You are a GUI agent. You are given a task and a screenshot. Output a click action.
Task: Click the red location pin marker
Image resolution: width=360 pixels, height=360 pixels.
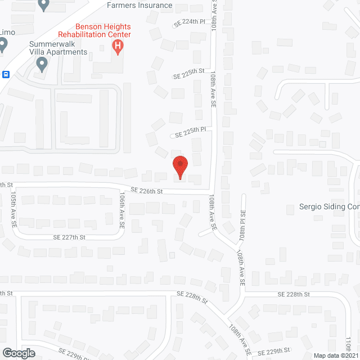[x=179, y=167]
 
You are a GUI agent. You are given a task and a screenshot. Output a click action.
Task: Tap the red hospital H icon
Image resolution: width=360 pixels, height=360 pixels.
[x=118, y=47]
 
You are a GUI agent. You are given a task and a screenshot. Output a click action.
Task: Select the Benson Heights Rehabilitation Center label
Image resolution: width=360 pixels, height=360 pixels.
[x=103, y=30]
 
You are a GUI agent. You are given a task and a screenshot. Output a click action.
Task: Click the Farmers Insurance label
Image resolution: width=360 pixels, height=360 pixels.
[x=139, y=6]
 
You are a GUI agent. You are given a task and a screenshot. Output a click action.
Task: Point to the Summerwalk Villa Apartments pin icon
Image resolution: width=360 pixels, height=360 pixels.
[x=41, y=65]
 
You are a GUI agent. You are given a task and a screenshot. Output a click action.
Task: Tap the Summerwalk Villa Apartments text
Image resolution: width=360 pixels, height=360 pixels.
[x=59, y=48]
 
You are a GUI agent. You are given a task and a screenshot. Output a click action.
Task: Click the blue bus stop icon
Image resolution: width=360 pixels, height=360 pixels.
[x=6, y=74]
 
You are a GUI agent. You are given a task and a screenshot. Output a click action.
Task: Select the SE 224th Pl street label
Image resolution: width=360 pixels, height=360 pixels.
[x=190, y=23]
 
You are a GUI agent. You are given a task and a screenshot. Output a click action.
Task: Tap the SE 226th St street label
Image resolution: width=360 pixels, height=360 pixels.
[x=147, y=191]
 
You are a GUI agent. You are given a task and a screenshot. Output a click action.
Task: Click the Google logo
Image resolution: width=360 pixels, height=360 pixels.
[x=18, y=353]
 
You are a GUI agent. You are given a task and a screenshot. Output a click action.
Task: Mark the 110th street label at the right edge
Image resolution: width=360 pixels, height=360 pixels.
[x=349, y=341]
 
